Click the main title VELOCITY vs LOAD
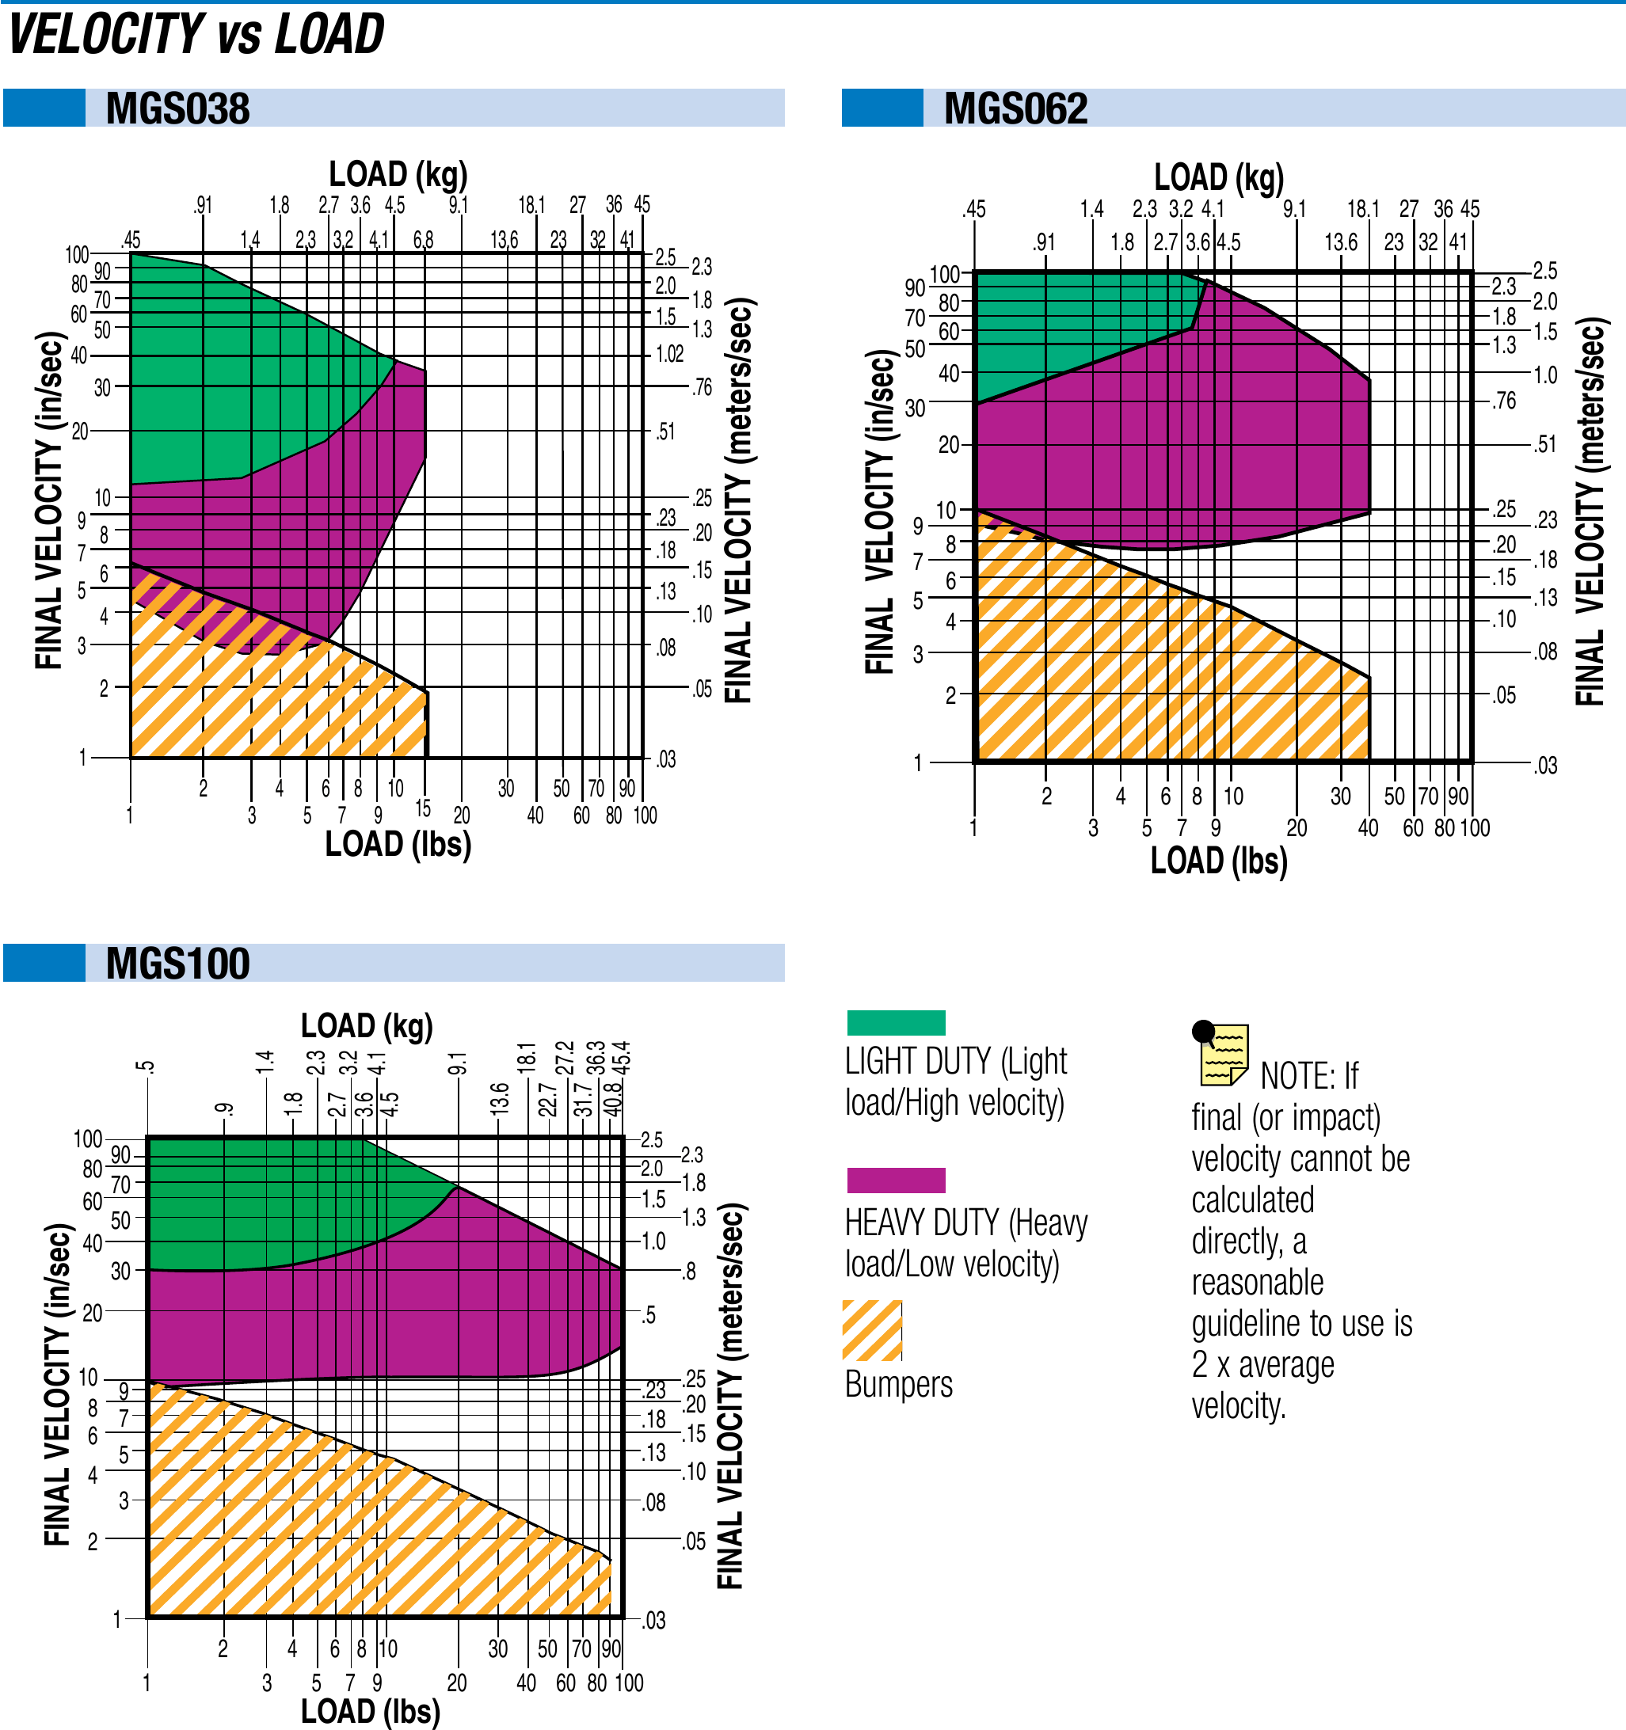click(196, 35)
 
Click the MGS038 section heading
click(177, 108)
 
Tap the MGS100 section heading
click(177, 964)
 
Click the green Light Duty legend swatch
click(896, 1022)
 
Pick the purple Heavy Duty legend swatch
click(896, 1180)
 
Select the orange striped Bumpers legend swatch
click(872, 1329)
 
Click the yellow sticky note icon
click(1222, 1054)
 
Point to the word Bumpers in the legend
click(898, 1384)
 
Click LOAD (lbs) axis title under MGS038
click(398, 844)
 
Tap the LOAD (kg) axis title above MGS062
click(1219, 177)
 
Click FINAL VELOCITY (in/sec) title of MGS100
click(58, 1384)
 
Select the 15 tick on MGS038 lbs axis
click(423, 808)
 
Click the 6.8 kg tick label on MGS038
click(423, 239)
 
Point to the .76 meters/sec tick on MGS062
click(1503, 401)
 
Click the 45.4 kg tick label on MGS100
click(623, 1059)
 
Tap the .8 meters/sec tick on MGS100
click(688, 1272)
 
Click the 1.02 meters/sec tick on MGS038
click(669, 354)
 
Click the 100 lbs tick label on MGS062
click(1475, 827)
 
